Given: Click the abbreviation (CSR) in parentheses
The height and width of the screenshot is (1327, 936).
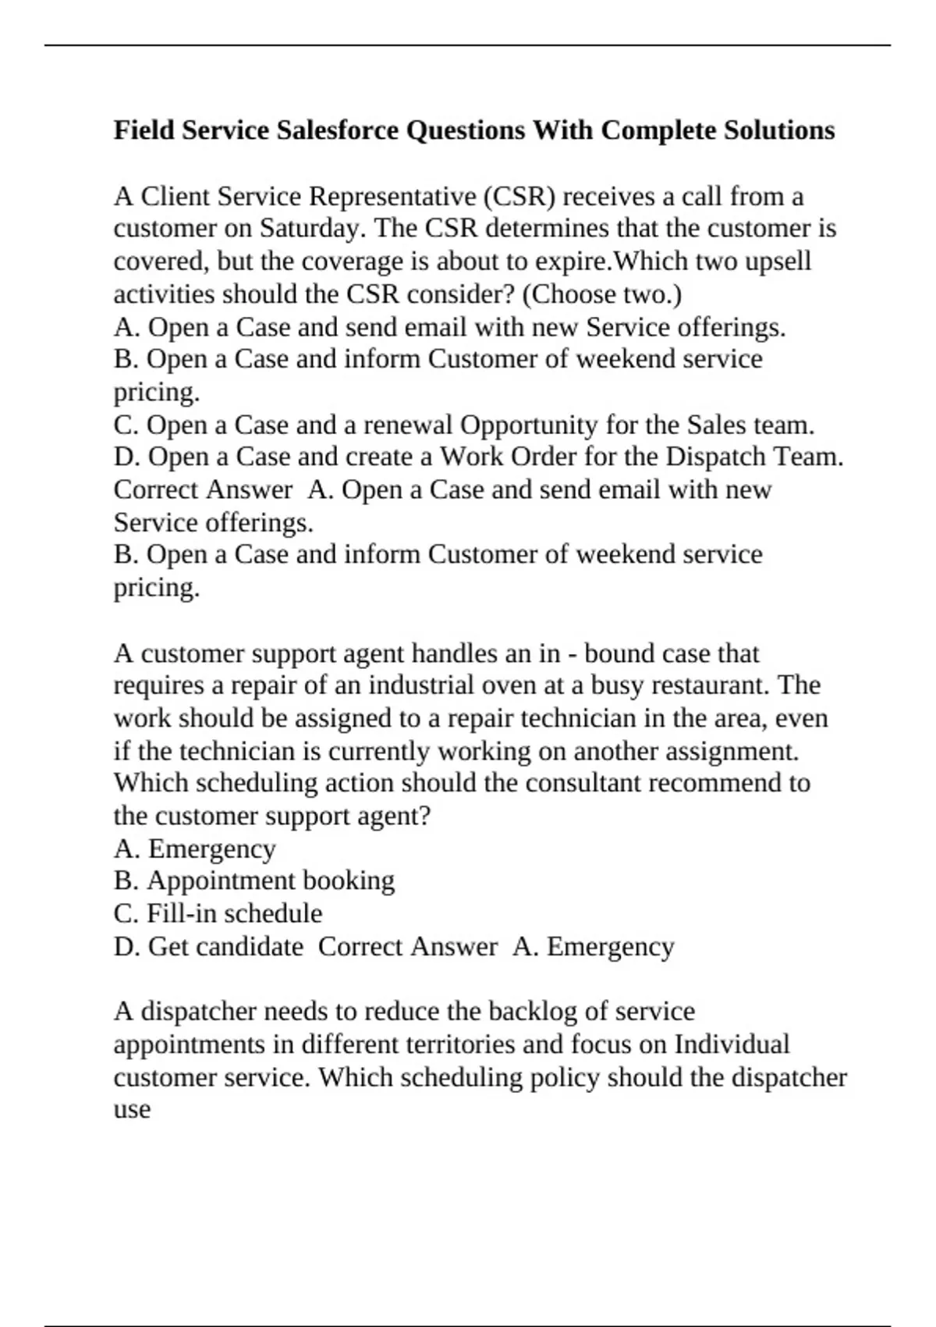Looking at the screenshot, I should click(520, 196).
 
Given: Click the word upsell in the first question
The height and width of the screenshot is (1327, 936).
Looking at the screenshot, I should click(778, 261).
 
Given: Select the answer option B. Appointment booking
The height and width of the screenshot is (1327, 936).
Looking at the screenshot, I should click(254, 881).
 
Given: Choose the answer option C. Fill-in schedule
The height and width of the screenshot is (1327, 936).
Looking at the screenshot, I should click(218, 913).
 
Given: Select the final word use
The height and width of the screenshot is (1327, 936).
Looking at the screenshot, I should click(132, 1110).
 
